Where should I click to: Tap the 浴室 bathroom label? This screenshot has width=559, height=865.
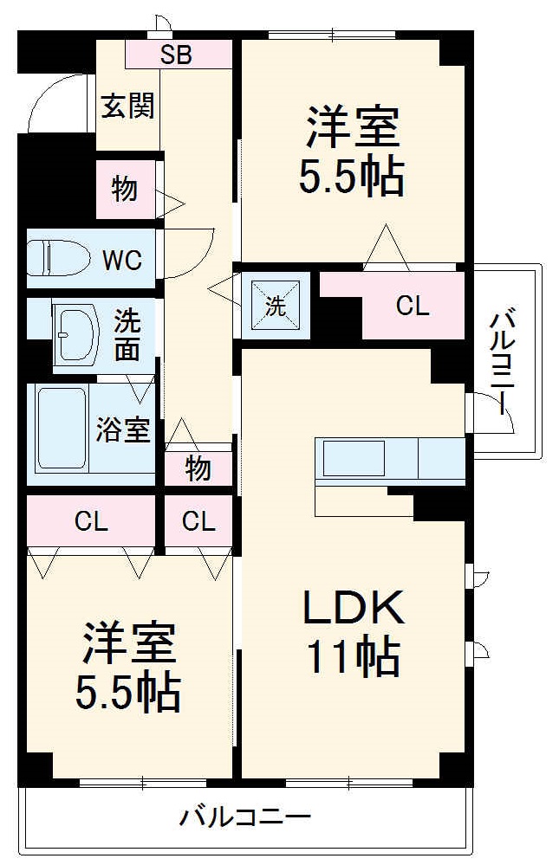123,429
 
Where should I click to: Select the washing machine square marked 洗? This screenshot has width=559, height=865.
275,305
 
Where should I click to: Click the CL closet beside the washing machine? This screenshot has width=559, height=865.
412,305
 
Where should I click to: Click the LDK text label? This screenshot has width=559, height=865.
353,610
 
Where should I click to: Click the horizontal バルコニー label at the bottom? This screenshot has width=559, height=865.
245,817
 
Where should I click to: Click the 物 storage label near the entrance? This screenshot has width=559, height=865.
125,189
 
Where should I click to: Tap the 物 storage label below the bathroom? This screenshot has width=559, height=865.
198,469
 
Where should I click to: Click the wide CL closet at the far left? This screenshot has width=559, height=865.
90,521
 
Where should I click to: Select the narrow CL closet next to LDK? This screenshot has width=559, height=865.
198,521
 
